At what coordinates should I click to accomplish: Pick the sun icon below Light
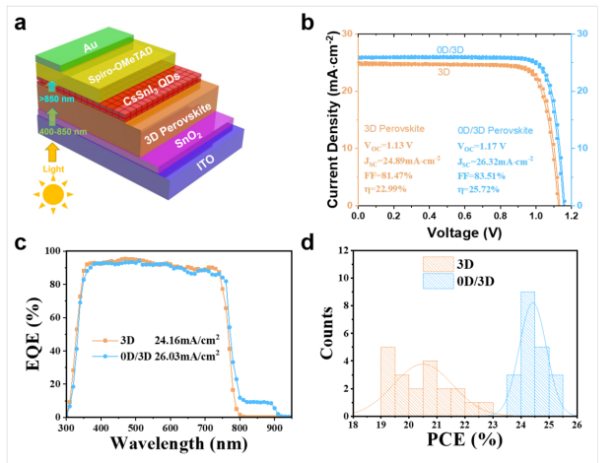[x=50, y=193]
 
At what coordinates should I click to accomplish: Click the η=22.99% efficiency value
[x=385, y=189]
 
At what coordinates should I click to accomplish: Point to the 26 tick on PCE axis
[x=575, y=426]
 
